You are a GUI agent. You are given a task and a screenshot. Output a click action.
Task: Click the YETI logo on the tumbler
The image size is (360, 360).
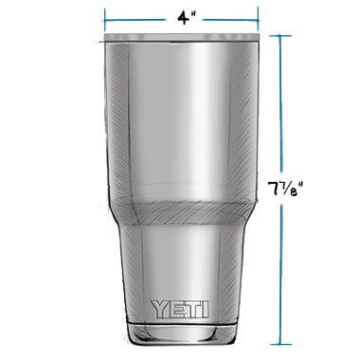180,309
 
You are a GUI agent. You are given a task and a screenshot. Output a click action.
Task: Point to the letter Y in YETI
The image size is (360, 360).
158,309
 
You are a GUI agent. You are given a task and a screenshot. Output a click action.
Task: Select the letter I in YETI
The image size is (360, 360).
206,309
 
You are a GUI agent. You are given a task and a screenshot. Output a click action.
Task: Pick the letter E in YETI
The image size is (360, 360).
175,309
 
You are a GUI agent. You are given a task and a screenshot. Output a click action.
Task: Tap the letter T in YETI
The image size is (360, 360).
193,309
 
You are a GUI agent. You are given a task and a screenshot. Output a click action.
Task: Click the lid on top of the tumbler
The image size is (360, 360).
182,37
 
